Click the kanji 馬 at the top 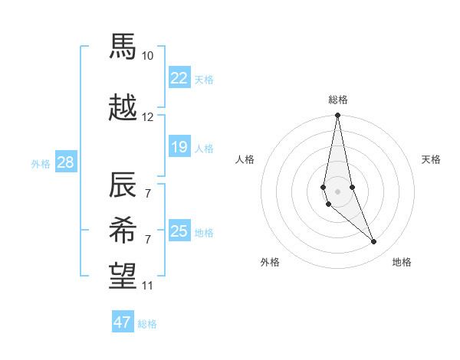pyautogui.click(x=123, y=47)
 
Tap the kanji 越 pyautogui.click(x=123, y=108)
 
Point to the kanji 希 pyautogui.click(x=123, y=229)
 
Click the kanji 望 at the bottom pyautogui.click(x=123, y=275)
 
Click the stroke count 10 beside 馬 pyautogui.click(x=148, y=56)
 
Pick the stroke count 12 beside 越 pyautogui.click(x=148, y=117)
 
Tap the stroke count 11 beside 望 pyautogui.click(x=148, y=286)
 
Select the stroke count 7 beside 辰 pyautogui.click(x=148, y=193)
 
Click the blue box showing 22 pyautogui.click(x=179, y=77)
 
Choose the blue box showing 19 pyautogui.click(x=179, y=147)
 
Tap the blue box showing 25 pyautogui.click(x=179, y=231)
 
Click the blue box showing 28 pyautogui.click(x=65, y=162)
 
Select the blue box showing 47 pyautogui.click(x=123, y=322)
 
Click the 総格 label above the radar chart pyautogui.click(x=338, y=100)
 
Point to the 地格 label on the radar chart pyautogui.click(x=402, y=262)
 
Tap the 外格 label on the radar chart pyautogui.click(x=270, y=262)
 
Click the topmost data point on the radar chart pyautogui.click(x=337, y=116)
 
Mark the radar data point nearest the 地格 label pyautogui.click(x=374, y=242)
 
